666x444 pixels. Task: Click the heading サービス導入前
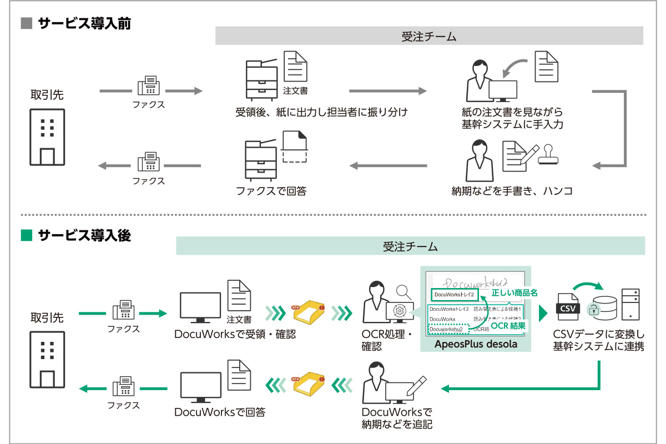click(x=84, y=24)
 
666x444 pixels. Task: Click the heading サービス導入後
click(x=84, y=235)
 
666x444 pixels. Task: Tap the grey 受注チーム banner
click(x=429, y=37)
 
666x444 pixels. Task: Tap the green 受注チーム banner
click(x=410, y=246)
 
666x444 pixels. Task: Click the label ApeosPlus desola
click(x=476, y=344)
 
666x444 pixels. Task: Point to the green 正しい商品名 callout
click(x=514, y=292)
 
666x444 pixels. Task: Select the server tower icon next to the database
click(x=630, y=305)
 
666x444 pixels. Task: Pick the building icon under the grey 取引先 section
click(x=47, y=137)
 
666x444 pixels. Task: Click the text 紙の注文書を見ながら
click(x=512, y=113)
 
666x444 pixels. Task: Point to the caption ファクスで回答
click(x=271, y=191)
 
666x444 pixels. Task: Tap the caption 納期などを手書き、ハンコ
click(x=512, y=191)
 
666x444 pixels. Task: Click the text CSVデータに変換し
click(x=598, y=335)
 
